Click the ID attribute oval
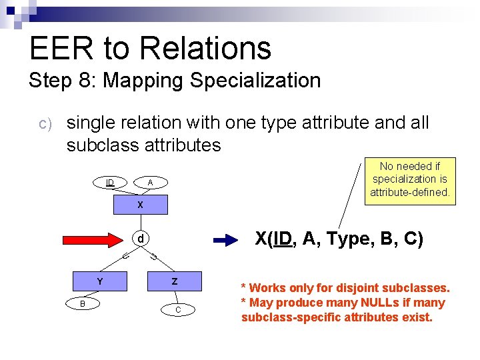[x=109, y=182]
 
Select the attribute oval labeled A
[x=150, y=182]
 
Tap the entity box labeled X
[x=140, y=205]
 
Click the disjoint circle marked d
[x=140, y=239]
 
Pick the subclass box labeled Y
[x=100, y=281]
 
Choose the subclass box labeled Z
[x=175, y=281]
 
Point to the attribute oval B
[x=82, y=303]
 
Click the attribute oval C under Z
[x=178, y=310]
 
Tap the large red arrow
[x=93, y=239]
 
